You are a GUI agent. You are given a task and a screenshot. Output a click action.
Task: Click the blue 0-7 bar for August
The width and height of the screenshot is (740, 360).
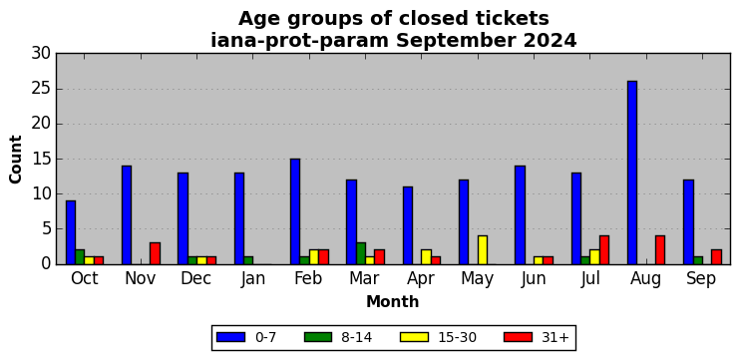[632, 173]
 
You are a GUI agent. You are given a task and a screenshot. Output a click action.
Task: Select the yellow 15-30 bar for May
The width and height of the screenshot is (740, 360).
[483, 250]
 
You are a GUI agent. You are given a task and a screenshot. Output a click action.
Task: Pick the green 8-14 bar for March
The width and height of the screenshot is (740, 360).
[361, 253]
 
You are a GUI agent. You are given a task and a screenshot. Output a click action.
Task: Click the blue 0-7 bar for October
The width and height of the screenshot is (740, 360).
[71, 232]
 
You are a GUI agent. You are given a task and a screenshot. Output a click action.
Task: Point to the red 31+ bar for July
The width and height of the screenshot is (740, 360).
[604, 250]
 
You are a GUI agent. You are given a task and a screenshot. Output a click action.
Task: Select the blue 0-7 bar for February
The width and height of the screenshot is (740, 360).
[295, 211]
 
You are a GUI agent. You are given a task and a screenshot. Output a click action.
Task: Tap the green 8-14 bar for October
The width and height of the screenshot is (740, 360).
[80, 257]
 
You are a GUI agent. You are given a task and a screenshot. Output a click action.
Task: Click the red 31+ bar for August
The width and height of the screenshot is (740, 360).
[660, 250]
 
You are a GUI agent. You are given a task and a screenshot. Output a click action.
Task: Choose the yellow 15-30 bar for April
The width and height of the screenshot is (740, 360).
[426, 257]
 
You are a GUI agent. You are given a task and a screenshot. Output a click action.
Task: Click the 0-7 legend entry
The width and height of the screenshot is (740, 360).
[246, 337]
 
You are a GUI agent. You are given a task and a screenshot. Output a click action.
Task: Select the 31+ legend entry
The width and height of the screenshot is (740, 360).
[537, 337]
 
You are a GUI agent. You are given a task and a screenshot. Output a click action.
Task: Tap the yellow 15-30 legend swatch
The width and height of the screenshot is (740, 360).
[414, 337]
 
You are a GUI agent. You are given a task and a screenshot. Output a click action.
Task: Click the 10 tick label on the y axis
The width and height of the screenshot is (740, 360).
[41, 193]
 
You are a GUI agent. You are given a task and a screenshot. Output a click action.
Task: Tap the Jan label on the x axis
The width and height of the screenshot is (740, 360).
[253, 279]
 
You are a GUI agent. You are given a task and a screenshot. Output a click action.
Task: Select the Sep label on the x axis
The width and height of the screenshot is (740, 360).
[701, 279]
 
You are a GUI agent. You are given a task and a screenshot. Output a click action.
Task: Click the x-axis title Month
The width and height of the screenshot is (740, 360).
[393, 301]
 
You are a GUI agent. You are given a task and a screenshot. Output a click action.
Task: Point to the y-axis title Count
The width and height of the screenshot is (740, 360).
[16, 159]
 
